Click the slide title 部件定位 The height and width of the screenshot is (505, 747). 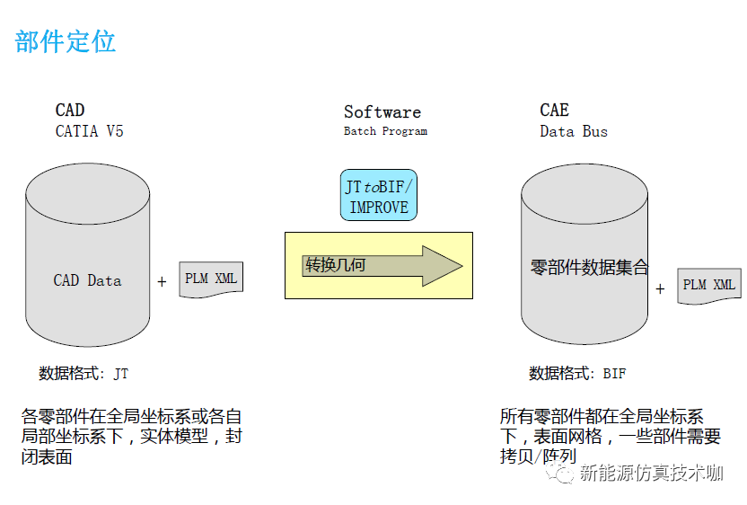[x=66, y=41]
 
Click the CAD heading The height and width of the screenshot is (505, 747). [x=70, y=111]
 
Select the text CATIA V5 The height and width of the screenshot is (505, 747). [x=90, y=131]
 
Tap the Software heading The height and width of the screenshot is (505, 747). [x=382, y=112]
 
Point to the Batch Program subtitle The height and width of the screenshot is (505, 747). [x=385, y=131]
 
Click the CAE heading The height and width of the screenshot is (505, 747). [x=554, y=111]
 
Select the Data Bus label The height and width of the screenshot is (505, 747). [x=574, y=131]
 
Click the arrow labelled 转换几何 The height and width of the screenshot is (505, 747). [x=382, y=266]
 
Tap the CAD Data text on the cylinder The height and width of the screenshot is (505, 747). [x=87, y=280]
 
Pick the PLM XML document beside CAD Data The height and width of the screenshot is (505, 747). [x=211, y=279]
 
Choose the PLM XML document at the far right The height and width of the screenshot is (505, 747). [x=708, y=286]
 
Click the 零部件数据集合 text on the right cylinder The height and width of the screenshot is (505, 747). [x=590, y=268]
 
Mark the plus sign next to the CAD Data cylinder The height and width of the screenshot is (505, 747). [x=162, y=282]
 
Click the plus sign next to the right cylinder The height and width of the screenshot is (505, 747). [x=660, y=288]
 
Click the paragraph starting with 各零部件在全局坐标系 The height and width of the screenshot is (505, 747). [x=131, y=437]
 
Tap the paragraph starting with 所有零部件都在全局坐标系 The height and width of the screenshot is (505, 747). [x=610, y=437]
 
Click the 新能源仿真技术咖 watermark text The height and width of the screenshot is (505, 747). [x=651, y=474]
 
